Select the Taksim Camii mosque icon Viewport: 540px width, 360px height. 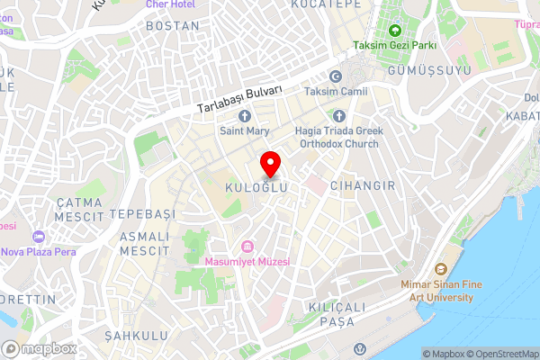click(336, 77)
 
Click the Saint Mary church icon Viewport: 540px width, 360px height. click(243, 115)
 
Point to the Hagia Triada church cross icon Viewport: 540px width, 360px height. click(339, 115)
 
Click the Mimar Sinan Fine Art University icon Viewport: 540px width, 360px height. click(441, 269)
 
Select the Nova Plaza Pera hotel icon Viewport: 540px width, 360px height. click(38, 236)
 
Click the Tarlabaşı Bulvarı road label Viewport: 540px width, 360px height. click(241, 99)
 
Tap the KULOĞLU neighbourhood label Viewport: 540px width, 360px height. click(256, 187)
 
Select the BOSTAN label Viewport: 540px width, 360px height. click(172, 26)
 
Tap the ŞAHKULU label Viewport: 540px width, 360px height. click(136, 336)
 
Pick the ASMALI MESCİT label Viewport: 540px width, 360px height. click(143, 241)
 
